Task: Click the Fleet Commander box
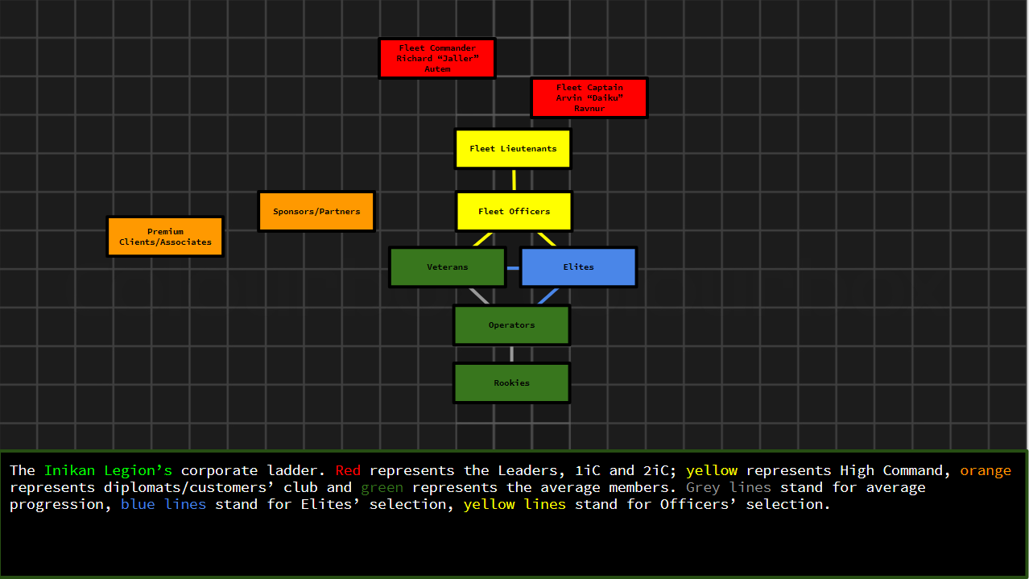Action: point(437,58)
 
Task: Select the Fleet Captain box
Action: point(589,97)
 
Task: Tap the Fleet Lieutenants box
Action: point(513,149)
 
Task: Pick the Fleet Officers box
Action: point(514,212)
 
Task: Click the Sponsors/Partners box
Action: point(316,212)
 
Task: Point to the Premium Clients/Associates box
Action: point(165,237)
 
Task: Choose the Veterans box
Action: point(448,267)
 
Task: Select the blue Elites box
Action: point(578,267)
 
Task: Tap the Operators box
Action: point(511,325)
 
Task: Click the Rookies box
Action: point(511,383)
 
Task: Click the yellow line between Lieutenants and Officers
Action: point(514,180)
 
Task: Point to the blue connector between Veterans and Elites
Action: point(513,267)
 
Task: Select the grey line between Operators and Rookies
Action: point(511,354)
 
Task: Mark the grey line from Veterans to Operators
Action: point(479,296)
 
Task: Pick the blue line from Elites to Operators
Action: point(548,296)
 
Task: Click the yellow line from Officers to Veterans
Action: point(482,239)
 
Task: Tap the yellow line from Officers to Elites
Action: point(547,239)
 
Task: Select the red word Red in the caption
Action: point(348,470)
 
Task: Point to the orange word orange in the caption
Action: point(985,470)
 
